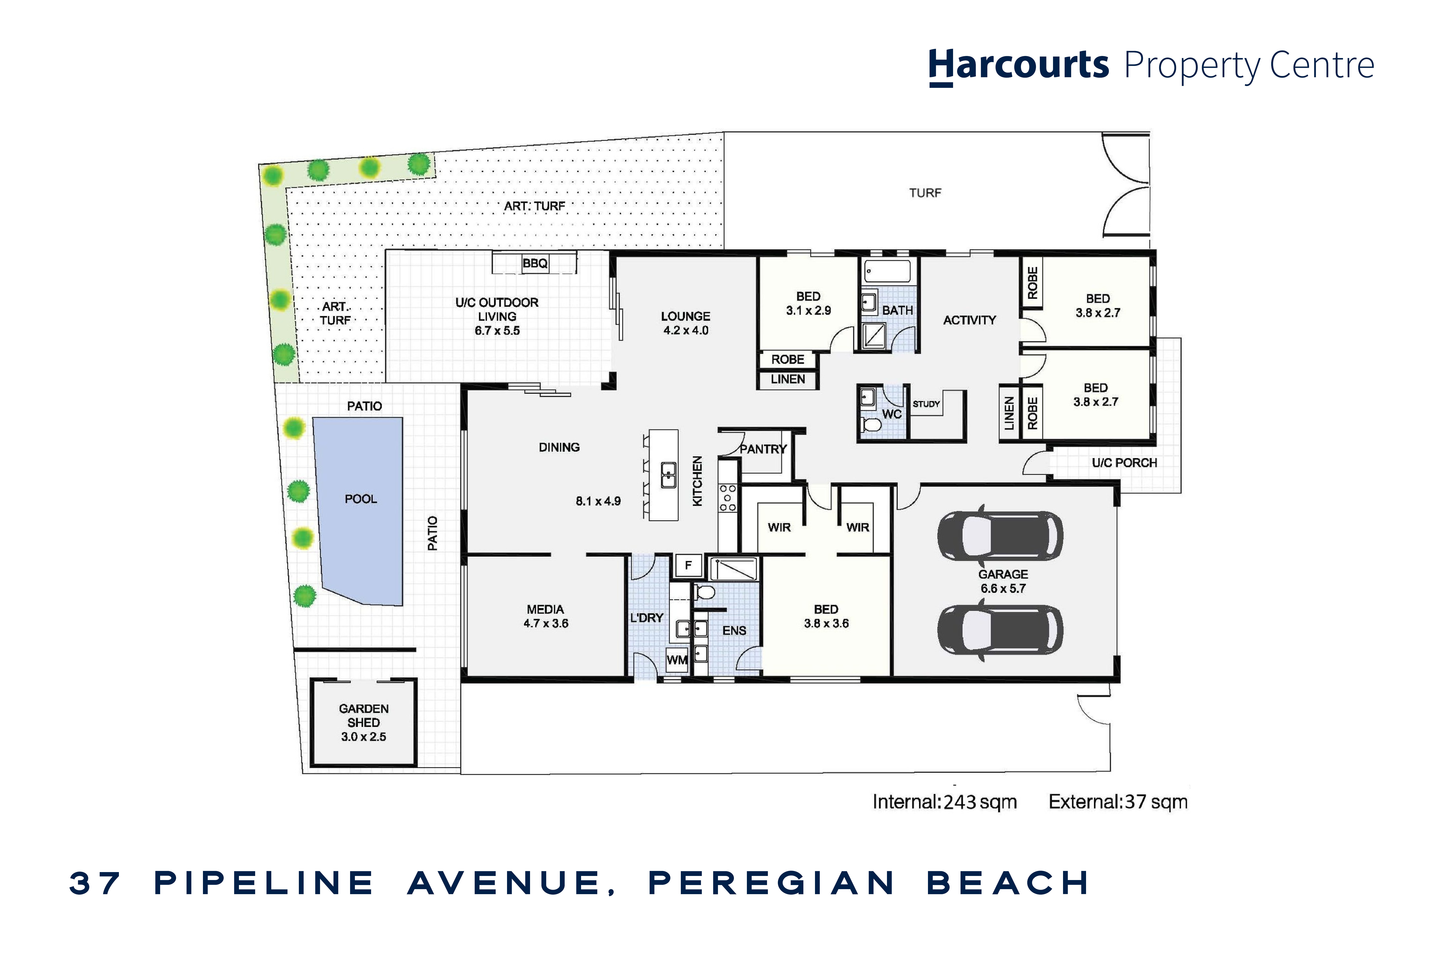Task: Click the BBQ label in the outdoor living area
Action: coord(535,264)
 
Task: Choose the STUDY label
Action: coord(926,404)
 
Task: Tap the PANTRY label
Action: coord(763,449)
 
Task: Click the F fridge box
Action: coord(688,565)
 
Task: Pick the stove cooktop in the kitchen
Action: coord(728,498)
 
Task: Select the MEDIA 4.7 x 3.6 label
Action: coord(546,616)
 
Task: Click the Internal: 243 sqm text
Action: coord(944,802)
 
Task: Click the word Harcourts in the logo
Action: coord(1018,65)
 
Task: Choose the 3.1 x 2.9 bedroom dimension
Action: coord(809,310)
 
